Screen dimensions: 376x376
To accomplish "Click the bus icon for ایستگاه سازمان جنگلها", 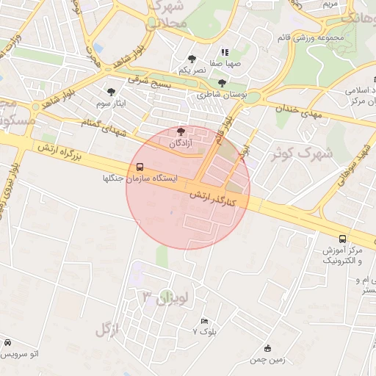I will [140, 167].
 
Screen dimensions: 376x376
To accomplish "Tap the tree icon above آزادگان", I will [181, 131].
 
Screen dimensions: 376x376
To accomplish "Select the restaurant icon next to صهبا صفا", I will [225, 53].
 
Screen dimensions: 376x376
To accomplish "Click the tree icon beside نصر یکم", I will [192, 58].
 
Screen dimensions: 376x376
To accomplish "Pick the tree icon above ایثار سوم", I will [111, 92].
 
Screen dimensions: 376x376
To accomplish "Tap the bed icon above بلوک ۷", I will [205, 321].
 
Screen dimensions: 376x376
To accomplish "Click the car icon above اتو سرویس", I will [7, 342].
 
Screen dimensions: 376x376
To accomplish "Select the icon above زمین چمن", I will [267, 348].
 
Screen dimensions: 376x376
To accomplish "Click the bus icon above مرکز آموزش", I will [342, 239].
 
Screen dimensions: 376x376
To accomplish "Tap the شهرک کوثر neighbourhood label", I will [302, 153].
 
